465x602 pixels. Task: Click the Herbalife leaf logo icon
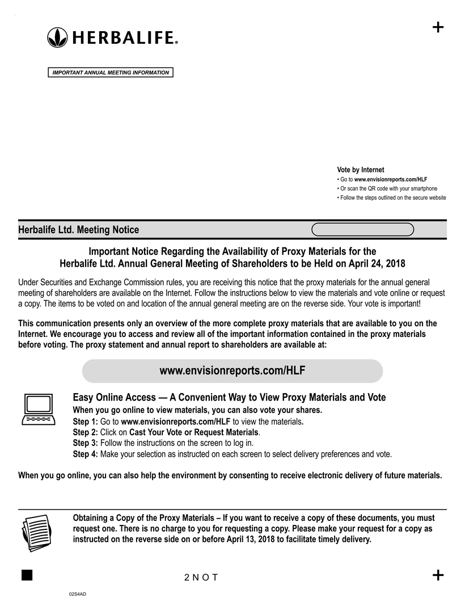click(x=57, y=37)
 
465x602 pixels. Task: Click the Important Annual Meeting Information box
click(x=110, y=73)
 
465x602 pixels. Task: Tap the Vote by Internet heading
click(x=360, y=170)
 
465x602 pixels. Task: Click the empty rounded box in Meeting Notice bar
click(x=363, y=229)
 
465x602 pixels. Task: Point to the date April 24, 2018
click(x=375, y=264)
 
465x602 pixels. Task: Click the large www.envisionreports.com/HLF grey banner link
click(x=232, y=371)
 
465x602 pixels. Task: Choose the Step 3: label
click(x=85, y=443)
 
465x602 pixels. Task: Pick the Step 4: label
click(x=85, y=454)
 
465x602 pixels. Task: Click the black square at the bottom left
click(x=26, y=575)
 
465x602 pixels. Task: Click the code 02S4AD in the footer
click(x=77, y=593)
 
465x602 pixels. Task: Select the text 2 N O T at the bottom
click(x=201, y=578)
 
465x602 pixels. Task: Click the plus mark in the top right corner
click(x=438, y=27)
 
